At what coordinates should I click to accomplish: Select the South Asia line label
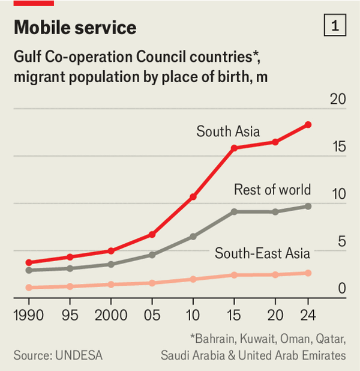(228, 131)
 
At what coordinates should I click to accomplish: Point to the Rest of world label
(272, 190)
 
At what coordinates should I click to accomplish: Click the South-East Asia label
(263, 253)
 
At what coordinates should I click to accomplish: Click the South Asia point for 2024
(308, 125)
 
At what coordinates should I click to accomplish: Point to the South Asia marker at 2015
(234, 148)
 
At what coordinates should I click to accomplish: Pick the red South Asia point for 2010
(193, 197)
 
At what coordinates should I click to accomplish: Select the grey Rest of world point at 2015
(234, 211)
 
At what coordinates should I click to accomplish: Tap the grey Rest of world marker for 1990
(29, 270)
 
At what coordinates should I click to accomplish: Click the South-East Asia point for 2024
(308, 273)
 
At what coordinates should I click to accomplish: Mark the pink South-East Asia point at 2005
(152, 283)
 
